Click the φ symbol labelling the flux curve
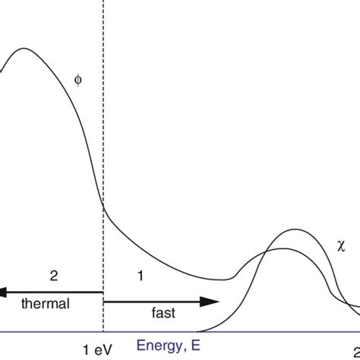pos(76,77)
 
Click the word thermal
pos(45,304)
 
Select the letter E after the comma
pos(197,343)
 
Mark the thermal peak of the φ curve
pos(22,50)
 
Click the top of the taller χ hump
pos(293,229)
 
